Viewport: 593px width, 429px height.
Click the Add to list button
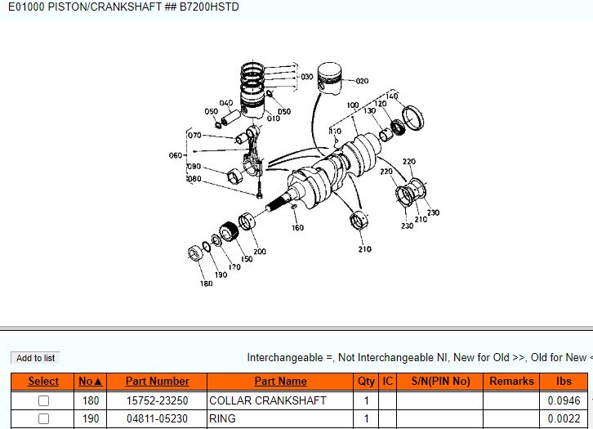click(36, 358)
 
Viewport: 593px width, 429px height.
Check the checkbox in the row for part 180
click(44, 400)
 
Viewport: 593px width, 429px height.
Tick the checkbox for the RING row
click(44, 418)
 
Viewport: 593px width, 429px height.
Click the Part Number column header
click(157, 381)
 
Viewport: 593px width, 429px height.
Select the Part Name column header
click(280, 381)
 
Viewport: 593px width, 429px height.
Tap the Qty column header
click(366, 381)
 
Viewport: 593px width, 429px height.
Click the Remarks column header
click(511, 381)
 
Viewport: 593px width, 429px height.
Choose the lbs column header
click(564, 381)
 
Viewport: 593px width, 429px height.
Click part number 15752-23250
click(157, 400)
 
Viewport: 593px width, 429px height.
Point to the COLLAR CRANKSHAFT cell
click(268, 400)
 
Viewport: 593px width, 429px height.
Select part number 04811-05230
click(157, 418)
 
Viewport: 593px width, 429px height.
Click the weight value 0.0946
click(564, 400)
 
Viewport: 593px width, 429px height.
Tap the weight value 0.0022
click(564, 418)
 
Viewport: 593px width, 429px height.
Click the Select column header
click(43, 381)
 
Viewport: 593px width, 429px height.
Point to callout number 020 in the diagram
click(362, 81)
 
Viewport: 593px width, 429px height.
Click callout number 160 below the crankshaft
click(297, 228)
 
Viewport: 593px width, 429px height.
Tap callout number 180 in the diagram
click(206, 284)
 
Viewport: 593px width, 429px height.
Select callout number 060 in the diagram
click(176, 155)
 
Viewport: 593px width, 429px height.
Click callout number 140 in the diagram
click(392, 96)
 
